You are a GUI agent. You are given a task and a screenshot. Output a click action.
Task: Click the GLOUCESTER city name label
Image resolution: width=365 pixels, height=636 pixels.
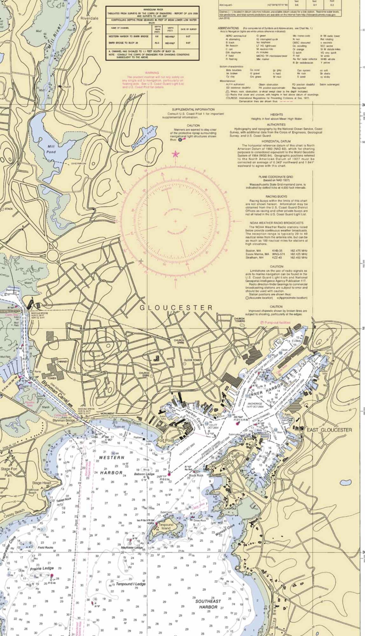tap(176, 308)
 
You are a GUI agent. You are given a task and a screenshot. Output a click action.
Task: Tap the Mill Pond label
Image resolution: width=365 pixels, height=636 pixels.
tap(51, 149)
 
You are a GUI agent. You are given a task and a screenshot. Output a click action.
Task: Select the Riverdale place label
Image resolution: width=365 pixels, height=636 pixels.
tap(89, 18)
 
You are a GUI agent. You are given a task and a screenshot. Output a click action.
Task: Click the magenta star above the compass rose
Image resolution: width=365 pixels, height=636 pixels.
tap(175, 154)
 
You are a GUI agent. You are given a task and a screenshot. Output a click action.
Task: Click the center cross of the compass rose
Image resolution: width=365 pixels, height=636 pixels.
tap(175, 221)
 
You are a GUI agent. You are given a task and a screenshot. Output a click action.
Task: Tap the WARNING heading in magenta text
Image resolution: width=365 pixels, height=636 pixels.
tap(152, 73)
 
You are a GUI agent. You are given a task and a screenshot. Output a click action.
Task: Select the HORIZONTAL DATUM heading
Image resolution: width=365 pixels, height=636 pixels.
tap(276, 141)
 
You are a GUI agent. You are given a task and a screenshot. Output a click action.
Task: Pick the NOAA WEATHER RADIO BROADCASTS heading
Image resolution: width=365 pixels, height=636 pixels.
tap(276, 223)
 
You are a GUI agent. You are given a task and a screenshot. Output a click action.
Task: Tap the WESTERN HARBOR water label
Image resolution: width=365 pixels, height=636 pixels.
tap(111, 465)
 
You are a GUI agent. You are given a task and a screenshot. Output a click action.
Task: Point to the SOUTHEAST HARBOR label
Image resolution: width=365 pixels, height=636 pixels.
tap(208, 604)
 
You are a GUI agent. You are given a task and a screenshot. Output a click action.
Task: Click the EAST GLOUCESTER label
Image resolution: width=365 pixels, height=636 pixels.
tap(329, 430)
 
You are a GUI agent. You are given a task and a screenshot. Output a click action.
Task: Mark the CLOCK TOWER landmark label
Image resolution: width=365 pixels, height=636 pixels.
tap(193, 360)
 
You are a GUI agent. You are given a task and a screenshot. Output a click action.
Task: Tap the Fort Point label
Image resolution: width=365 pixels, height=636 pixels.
tap(165, 440)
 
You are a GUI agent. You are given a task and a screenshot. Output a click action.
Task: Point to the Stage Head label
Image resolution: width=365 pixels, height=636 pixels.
tap(41, 483)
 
